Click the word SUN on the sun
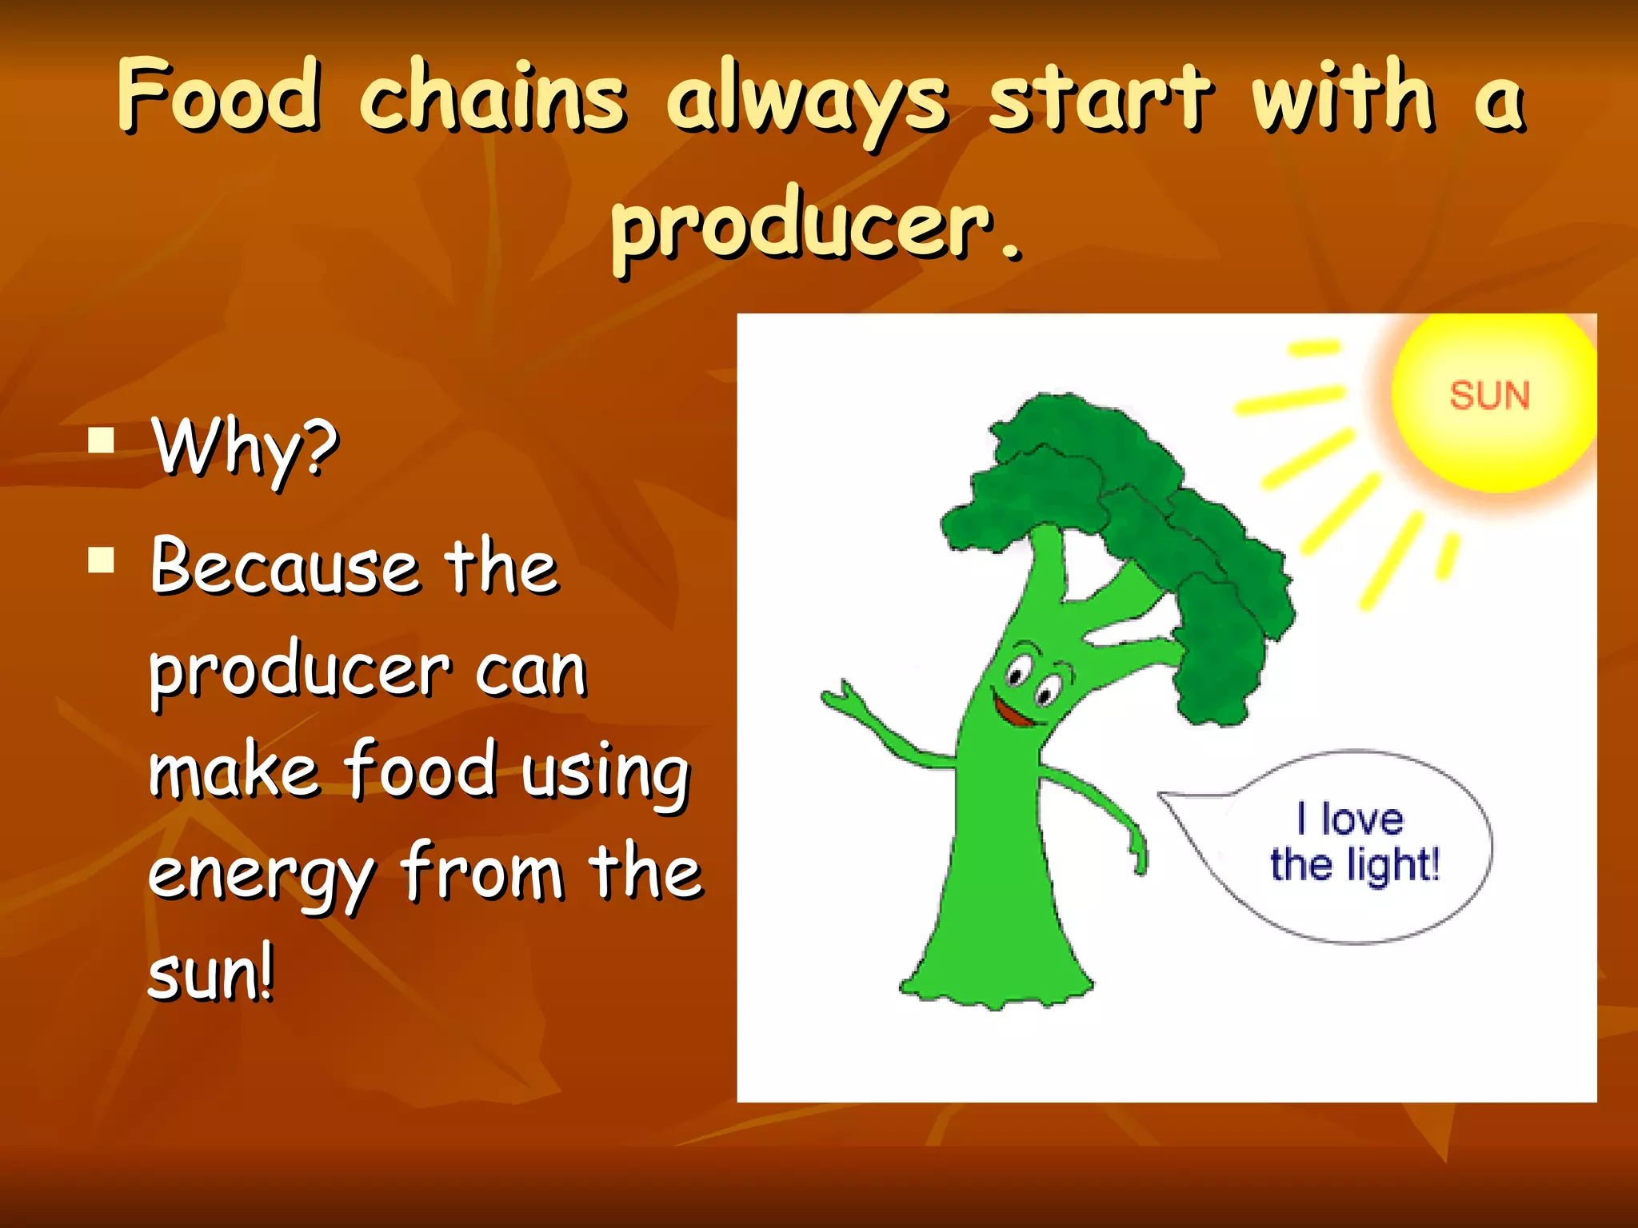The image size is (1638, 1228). tap(1489, 396)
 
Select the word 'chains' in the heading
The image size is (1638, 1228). tap(492, 98)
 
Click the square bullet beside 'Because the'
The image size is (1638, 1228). tap(102, 560)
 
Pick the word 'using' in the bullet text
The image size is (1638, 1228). tap(605, 774)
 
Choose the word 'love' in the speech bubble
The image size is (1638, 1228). tap(1362, 819)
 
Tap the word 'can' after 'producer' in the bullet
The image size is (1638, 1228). tap(532, 672)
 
